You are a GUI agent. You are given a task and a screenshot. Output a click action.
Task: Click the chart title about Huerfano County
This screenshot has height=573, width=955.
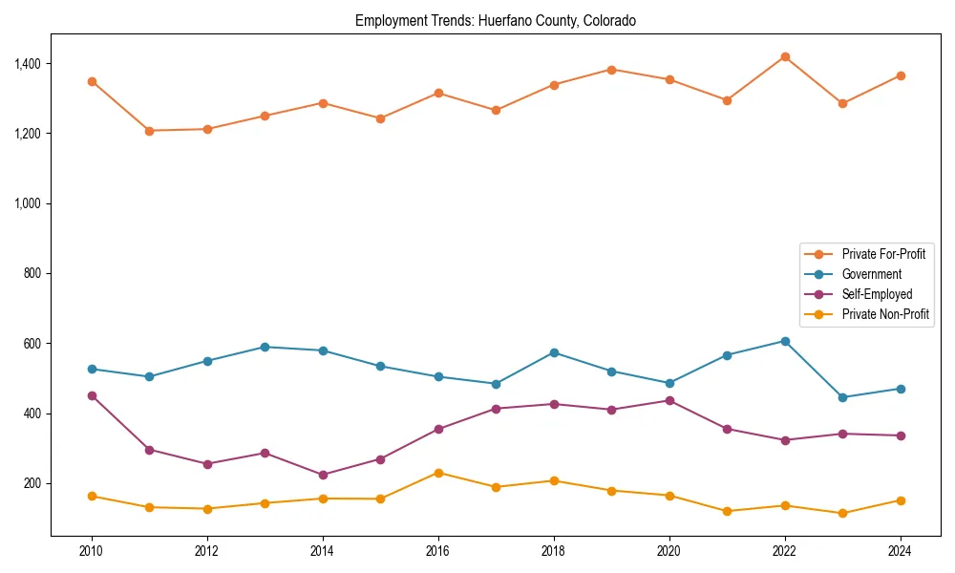point(495,20)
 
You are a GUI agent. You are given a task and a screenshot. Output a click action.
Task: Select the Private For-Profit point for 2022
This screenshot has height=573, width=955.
point(785,57)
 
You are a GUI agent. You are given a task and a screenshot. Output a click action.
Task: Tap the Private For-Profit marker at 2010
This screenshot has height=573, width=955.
point(92,82)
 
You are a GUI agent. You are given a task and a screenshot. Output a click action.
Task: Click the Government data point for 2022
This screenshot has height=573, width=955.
point(785,341)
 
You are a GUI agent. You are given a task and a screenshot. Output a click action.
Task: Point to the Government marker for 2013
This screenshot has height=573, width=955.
point(265,348)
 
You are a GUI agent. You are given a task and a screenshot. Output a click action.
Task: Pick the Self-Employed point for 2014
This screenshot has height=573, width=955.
point(323,475)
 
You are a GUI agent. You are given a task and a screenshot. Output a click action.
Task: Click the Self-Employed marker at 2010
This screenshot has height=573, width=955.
point(92,395)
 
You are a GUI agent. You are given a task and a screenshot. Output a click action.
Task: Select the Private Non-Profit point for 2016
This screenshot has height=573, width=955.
point(438,473)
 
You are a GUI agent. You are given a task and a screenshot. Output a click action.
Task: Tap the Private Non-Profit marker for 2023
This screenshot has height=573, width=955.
point(842,513)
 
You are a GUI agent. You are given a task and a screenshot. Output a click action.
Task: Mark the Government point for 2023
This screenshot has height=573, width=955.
point(842,397)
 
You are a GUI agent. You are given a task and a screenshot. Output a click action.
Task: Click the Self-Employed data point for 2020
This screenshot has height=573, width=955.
point(669,400)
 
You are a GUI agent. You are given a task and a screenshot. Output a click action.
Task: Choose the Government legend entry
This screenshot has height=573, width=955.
point(870,274)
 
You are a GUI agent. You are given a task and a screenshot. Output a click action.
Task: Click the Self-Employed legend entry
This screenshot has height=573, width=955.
point(876,294)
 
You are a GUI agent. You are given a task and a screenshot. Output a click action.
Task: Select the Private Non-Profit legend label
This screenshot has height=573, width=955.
point(885,314)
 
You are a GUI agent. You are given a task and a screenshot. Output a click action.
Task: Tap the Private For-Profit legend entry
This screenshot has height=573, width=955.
point(882,254)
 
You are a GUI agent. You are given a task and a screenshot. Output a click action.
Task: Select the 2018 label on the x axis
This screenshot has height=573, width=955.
point(554,551)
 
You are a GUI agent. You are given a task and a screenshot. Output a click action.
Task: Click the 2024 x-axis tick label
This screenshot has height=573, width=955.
point(900,551)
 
